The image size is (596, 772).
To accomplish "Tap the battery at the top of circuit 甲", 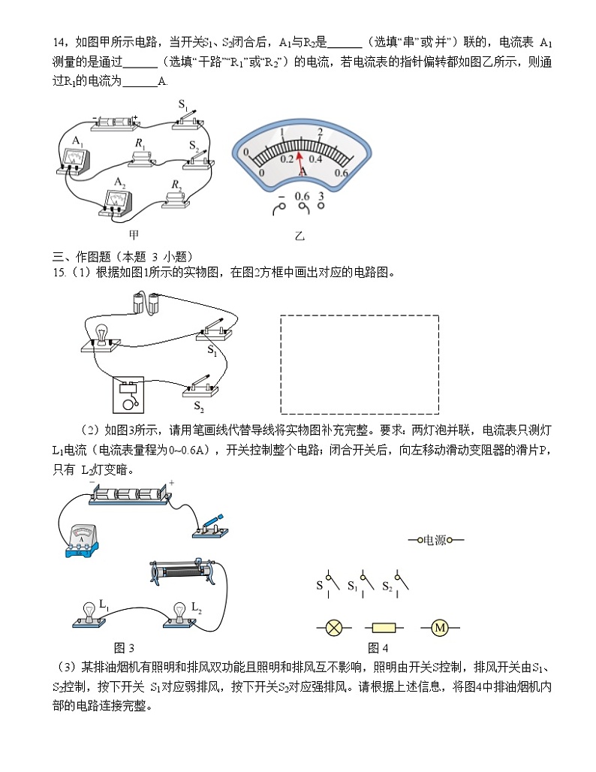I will coord(116,120).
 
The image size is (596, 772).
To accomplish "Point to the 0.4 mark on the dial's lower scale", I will coord(315,158).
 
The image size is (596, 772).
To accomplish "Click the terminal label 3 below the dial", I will coord(321,197).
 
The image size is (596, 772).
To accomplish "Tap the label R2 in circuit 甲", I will coord(176,184).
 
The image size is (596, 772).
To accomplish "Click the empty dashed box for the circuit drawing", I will coord(359,363).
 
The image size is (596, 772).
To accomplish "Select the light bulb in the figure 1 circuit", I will coord(101,335).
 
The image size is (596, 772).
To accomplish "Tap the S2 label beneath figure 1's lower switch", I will coord(199,406).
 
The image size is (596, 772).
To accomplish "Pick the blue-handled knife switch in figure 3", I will coord(209,525).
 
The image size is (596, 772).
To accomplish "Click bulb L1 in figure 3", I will coord(89,612).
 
